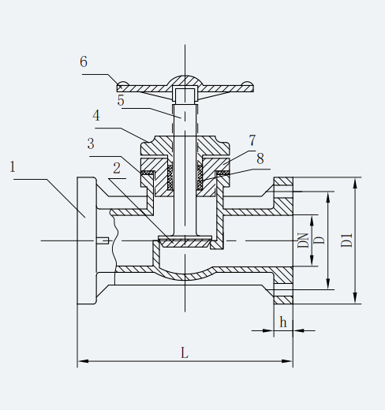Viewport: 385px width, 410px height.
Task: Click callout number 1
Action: [13, 167]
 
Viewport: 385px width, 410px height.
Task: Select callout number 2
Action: [117, 168]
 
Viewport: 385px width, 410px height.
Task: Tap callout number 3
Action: [91, 144]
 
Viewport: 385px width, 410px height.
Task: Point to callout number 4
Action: [96, 116]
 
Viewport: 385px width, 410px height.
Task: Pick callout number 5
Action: [121, 100]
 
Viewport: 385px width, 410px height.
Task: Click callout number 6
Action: [84, 61]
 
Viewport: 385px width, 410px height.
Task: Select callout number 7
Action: [252, 140]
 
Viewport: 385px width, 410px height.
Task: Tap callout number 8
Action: [260, 158]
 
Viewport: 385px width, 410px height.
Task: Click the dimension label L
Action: [185, 353]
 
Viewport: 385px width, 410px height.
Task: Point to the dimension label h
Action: [283, 322]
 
